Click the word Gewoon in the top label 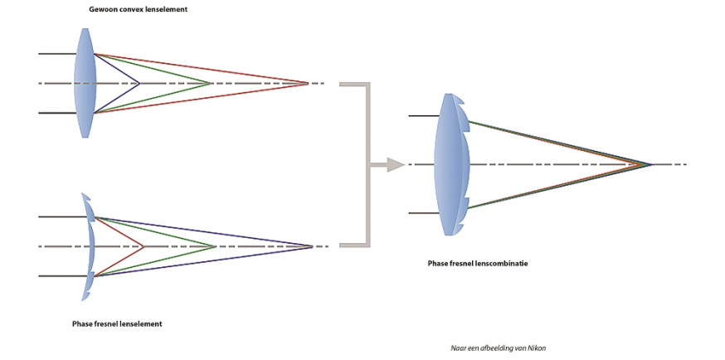coord(102,9)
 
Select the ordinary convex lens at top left coord(85,83)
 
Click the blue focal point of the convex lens coord(139,84)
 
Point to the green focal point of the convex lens coord(211,84)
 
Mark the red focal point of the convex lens coord(308,84)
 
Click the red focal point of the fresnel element coord(144,246)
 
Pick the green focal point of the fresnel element coord(216,246)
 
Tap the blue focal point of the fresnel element coord(313,246)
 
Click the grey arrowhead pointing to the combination coord(396,164)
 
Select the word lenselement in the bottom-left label coord(142,324)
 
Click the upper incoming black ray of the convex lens coord(57,54)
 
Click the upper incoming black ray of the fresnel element coord(63,216)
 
